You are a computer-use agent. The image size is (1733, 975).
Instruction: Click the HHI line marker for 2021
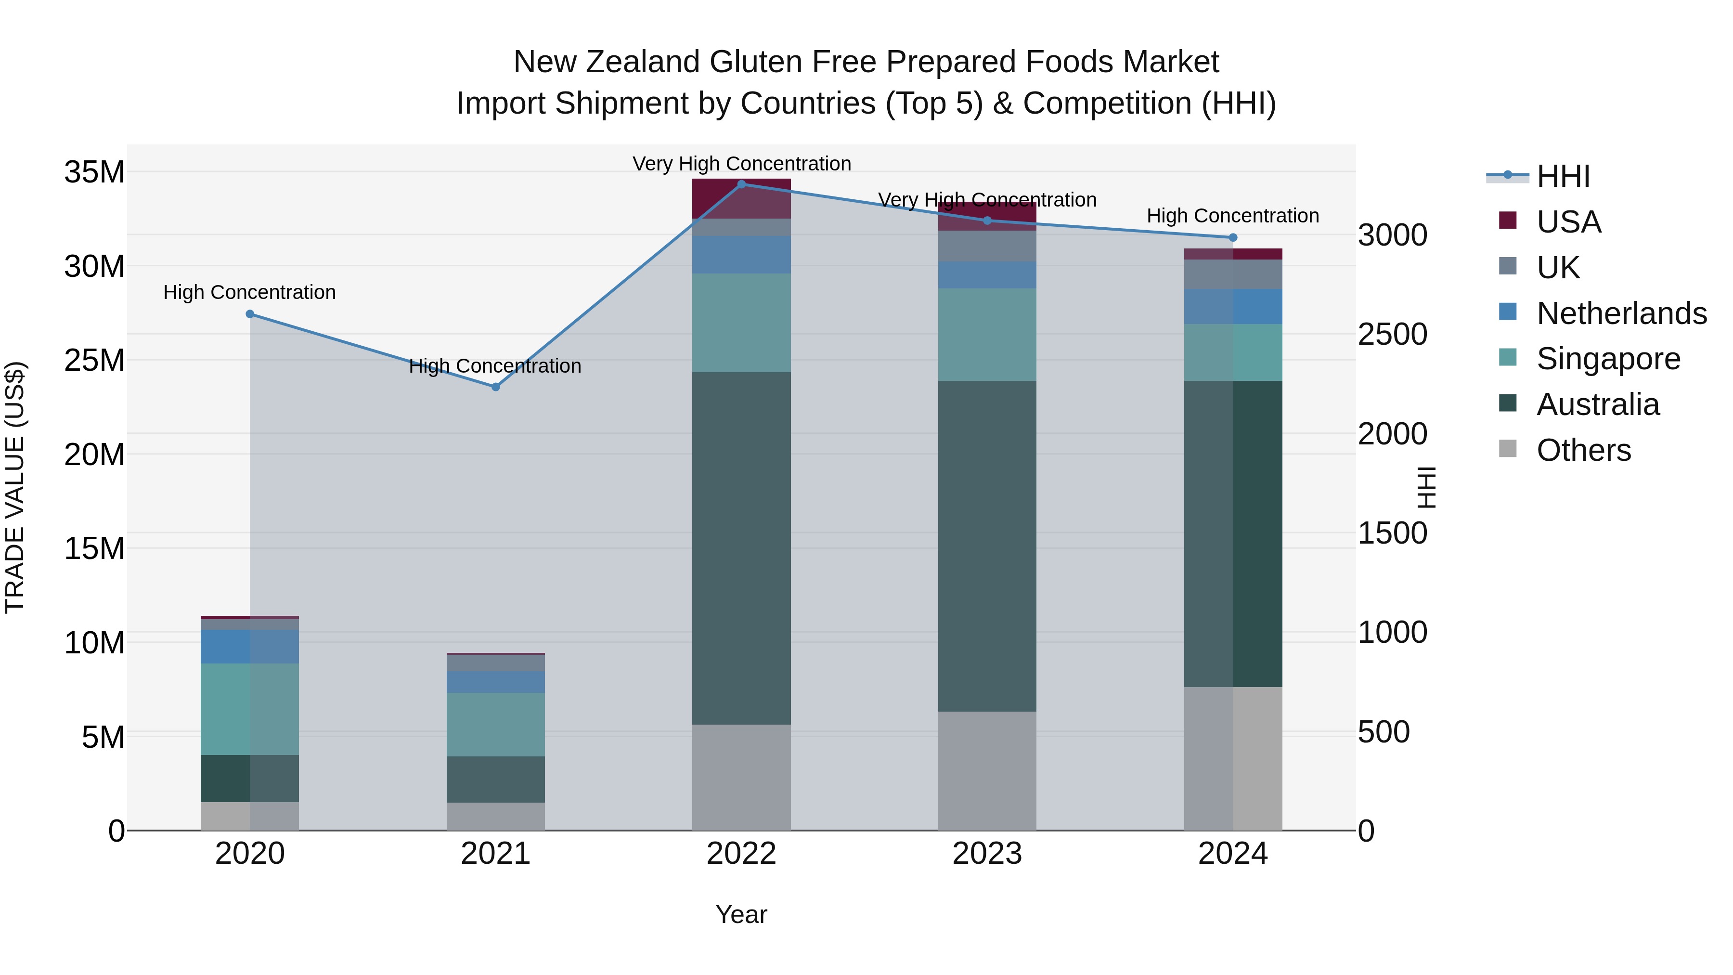click(495, 387)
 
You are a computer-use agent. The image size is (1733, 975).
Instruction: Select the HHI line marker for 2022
click(741, 184)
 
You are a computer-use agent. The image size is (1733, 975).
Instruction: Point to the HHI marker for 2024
click(1232, 237)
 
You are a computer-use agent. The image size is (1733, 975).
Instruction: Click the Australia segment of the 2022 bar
click(741, 548)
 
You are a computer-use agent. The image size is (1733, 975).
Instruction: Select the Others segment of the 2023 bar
click(987, 770)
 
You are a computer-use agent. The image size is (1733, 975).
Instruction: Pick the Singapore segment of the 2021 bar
click(495, 724)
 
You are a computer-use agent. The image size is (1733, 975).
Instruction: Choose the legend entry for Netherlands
click(1621, 313)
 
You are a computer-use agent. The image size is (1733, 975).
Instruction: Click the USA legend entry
click(1568, 222)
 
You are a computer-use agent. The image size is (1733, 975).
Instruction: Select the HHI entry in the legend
click(1562, 176)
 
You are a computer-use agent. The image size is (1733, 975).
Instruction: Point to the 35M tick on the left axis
click(94, 172)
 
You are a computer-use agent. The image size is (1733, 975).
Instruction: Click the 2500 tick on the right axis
click(1392, 335)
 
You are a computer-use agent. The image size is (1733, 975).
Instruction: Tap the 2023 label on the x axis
click(987, 854)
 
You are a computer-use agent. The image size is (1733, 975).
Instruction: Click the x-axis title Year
click(741, 914)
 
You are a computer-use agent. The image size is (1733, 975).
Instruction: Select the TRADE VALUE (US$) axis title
click(15, 487)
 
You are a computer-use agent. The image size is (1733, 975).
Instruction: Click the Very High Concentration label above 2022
click(741, 164)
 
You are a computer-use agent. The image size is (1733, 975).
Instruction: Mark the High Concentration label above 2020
click(249, 292)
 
